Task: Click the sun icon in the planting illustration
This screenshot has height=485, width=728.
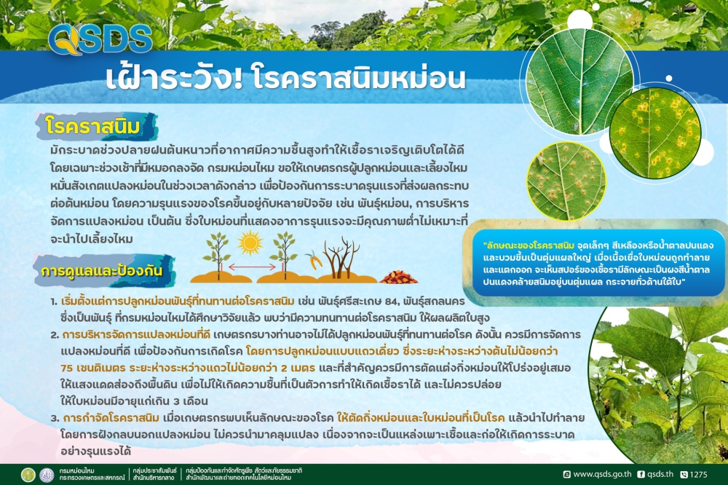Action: click(249, 243)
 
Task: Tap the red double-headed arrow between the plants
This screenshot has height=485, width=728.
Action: click(249, 268)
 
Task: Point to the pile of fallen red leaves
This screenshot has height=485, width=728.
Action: click(399, 277)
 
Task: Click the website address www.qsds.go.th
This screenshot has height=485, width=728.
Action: click(601, 474)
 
